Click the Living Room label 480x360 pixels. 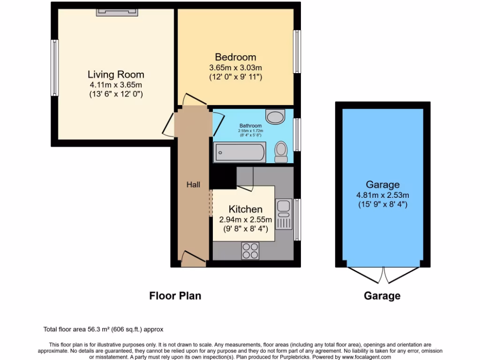[x=116, y=75]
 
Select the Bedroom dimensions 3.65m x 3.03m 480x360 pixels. [x=235, y=67]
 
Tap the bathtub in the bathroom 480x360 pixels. [x=240, y=152]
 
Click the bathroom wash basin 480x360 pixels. [x=275, y=116]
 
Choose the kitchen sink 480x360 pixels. [x=284, y=213]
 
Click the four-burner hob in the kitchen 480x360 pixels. [x=250, y=251]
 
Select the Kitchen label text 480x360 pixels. [x=245, y=209]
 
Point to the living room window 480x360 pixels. [x=55, y=68]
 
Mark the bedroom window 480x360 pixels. [x=297, y=52]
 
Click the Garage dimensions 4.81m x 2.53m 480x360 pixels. [x=382, y=195]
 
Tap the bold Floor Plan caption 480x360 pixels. [x=175, y=296]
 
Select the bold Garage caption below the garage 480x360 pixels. [x=382, y=296]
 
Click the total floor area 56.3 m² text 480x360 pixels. [x=103, y=330]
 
